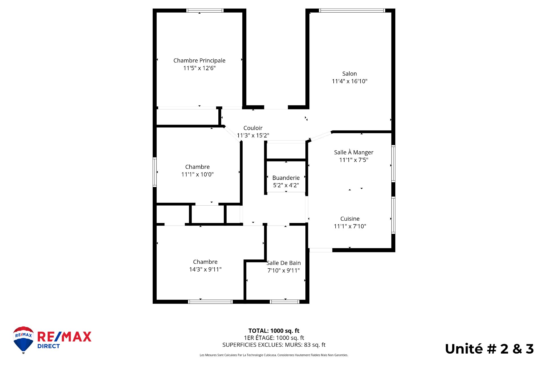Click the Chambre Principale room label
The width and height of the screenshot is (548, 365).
[x=199, y=60]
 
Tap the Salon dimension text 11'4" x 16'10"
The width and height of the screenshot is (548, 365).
[x=349, y=81]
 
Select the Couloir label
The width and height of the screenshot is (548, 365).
[x=253, y=128]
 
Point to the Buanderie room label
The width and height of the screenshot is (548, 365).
[x=286, y=178]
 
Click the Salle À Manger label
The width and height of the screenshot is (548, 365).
[x=354, y=152]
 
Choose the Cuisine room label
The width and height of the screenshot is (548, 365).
[x=350, y=219]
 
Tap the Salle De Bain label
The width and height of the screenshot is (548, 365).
[x=283, y=263]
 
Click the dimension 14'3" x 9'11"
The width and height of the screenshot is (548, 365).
[x=205, y=269]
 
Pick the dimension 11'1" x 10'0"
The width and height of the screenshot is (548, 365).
[x=197, y=175]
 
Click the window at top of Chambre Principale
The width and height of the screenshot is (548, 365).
[x=205, y=11]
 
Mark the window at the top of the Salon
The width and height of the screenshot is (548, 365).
[x=352, y=11]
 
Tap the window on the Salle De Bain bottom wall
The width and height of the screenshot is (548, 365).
[x=284, y=302]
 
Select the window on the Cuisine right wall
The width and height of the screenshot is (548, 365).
[x=393, y=215]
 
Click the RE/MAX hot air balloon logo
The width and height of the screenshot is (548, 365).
[x=23, y=339]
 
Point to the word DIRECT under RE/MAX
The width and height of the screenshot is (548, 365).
[x=49, y=346]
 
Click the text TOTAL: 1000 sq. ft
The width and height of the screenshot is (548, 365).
[x=274, y=331]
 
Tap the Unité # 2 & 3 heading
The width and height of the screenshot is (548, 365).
[x=489, y=349]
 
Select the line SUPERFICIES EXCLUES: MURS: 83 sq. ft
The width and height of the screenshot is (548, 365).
[x=274, y=345]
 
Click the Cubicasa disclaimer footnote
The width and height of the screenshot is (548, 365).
[x=274, y=355]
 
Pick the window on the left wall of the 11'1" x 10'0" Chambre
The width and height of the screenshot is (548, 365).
[x=155, y=172]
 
